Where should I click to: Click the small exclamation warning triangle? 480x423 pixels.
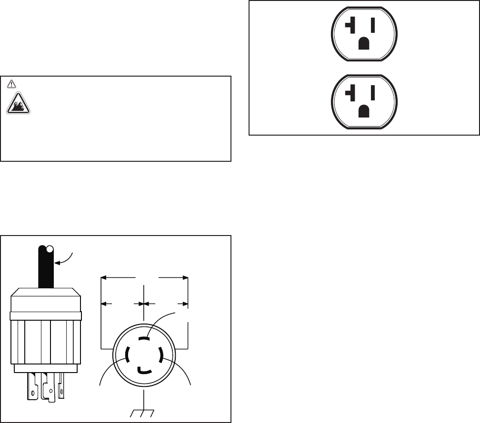click(11, 83)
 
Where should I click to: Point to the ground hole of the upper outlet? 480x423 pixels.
click(364, 44)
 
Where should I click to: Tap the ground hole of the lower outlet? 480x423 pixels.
click(364, 110)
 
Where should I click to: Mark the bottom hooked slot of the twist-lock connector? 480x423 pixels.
click(145, 369)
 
